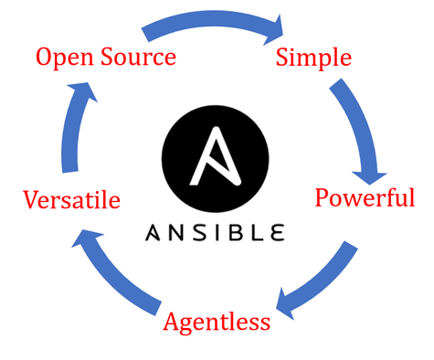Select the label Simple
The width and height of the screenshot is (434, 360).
tap(313, 58)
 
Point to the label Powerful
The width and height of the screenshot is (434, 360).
tap(365, 197)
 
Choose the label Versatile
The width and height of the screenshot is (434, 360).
tap(72, 200)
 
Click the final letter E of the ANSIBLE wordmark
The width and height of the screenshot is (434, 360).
tap(274, 231)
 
